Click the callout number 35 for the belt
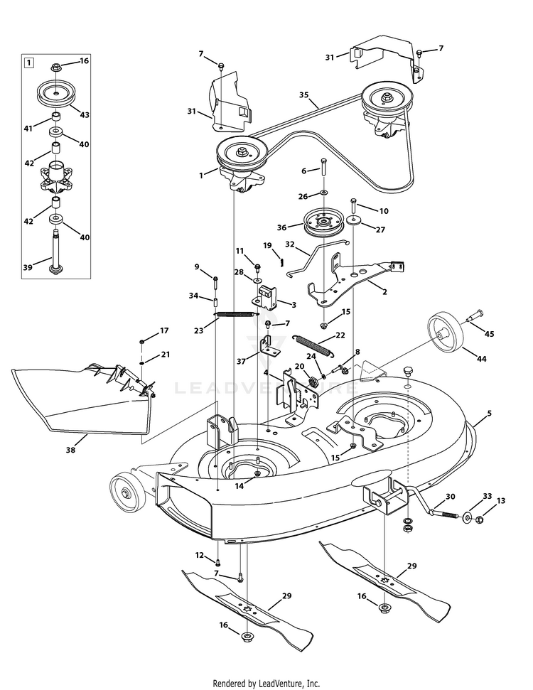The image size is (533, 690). click(303, 95)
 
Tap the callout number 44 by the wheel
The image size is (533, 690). click(482, 359)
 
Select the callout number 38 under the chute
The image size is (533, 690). click(70, 450)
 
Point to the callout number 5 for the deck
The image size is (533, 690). click(490, 413)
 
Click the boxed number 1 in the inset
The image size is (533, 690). click(28, 63)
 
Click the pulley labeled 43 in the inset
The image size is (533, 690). click(56, 93)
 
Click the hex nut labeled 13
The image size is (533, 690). click(480, 519)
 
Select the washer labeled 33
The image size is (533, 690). click(466, 517)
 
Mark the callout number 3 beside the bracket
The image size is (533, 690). click(294, 305)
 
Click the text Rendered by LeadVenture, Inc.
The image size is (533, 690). click(266, 684)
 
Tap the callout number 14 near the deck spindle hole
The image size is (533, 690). click(239, 486)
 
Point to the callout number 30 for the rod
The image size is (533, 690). click(451, 497)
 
